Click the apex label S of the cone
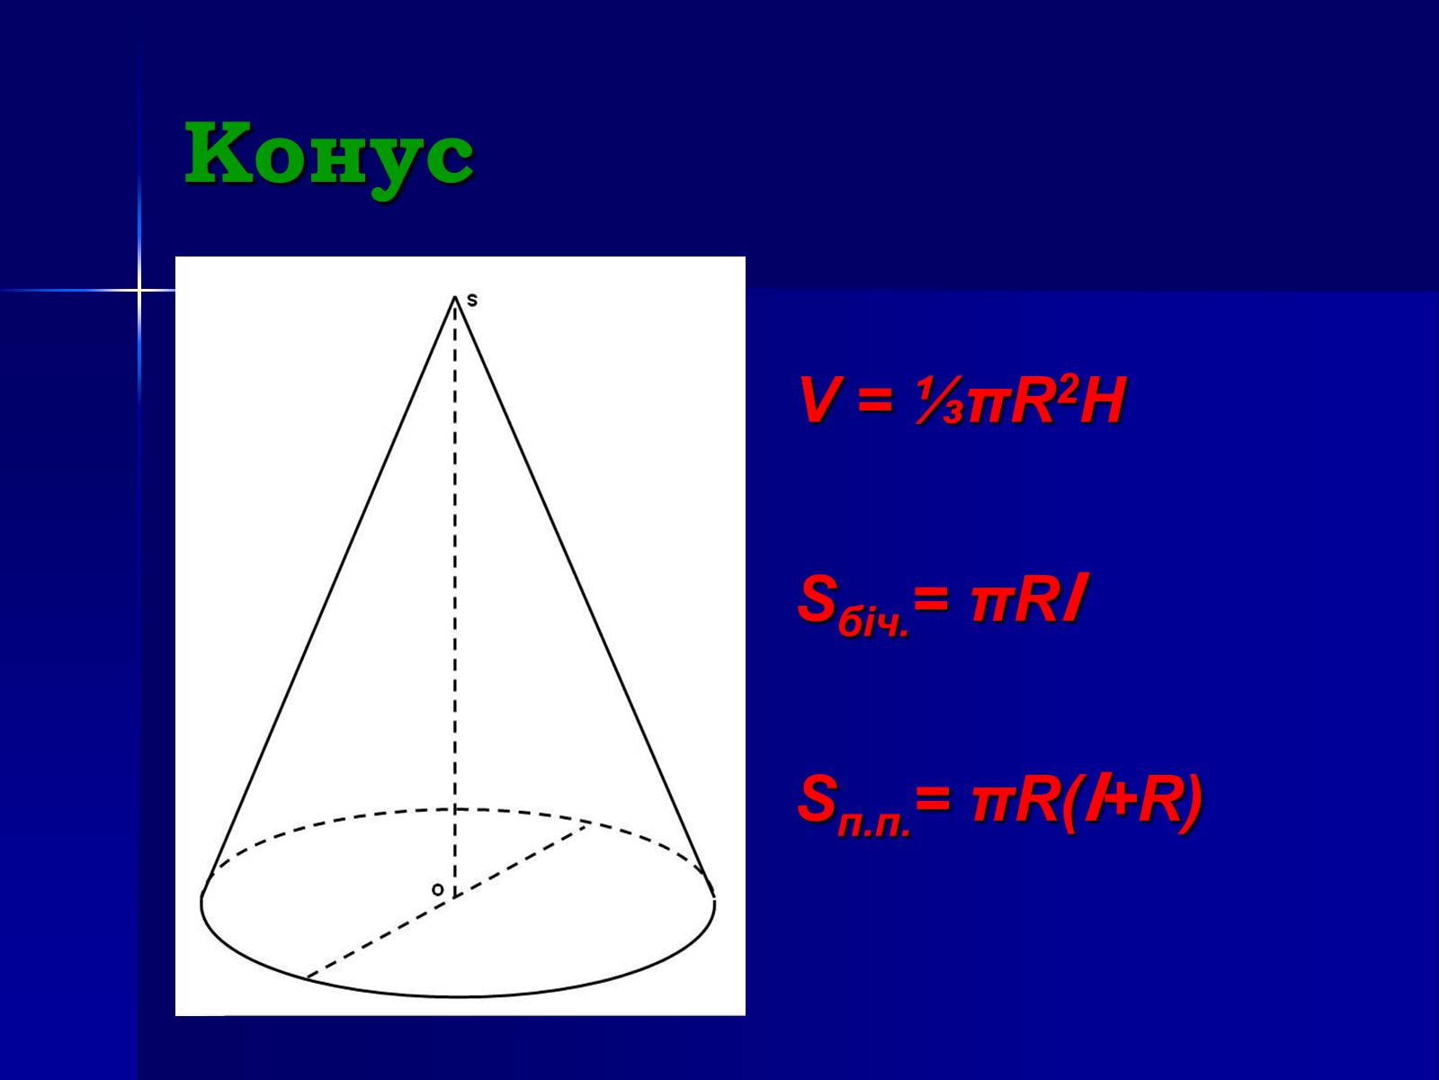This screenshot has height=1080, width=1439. tap(472, 301)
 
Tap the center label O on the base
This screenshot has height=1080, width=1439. tap(438, 890)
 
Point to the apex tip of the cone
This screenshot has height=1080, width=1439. tap(455, 297)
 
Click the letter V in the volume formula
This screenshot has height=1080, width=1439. tap(820, 400)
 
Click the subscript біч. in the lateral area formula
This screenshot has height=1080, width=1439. tap(873, 624)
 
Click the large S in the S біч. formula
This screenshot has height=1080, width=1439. tap(818, 598)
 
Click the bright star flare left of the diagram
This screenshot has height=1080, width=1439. tap(139, 289)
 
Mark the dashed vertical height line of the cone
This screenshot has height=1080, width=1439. tap(455, 597)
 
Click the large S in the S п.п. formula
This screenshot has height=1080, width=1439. tap(818, 798)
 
